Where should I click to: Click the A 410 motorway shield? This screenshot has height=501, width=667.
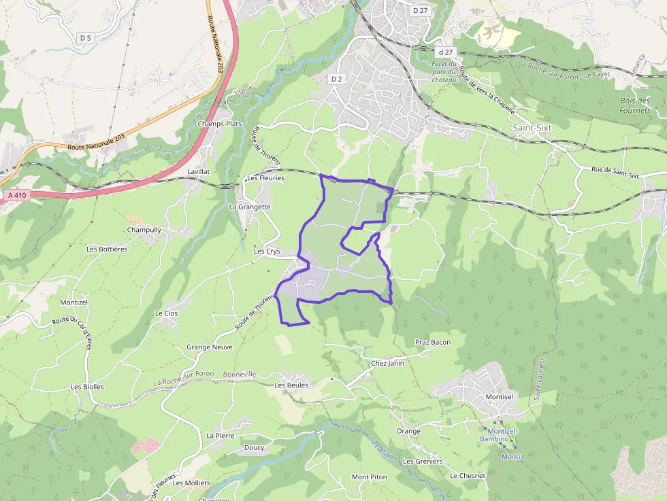(17, 196)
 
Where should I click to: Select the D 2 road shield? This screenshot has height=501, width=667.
(336, 79)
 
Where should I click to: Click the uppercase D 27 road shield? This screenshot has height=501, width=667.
(420, 10)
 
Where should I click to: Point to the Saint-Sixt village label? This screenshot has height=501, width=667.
(531, 128)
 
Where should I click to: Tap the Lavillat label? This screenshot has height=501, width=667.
(198, 172)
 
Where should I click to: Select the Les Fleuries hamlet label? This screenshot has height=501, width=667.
(265, 178)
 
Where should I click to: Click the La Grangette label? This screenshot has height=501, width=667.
(250, 207)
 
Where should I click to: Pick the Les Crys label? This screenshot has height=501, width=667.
(267, 251)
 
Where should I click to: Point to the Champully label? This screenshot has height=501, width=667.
(144, 230)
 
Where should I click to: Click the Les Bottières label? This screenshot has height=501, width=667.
(107, 249)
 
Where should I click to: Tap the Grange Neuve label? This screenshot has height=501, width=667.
(210, 347)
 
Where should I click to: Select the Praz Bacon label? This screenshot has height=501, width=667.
(433, 342)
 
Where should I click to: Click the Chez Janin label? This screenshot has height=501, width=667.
(387, 363)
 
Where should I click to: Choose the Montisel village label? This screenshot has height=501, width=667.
(499, 396)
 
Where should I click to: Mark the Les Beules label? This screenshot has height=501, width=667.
(291, 385)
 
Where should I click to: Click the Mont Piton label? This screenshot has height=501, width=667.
(370, 477)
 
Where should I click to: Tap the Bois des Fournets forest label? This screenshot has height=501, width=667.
(635, 105)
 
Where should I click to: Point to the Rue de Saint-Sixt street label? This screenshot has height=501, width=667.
(615, 173)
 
